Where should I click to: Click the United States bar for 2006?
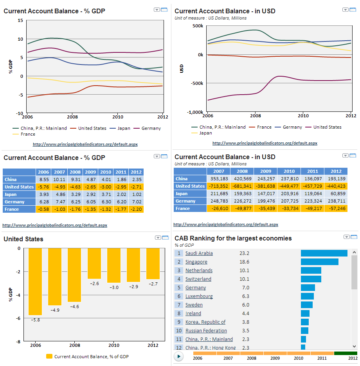click(x=35, y=282)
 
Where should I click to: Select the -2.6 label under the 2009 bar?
click(x=94, y=283)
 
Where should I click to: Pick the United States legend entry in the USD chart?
click(x=327, y=127)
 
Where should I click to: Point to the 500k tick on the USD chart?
click(x=197, y=26)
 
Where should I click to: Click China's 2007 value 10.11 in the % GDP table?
click(x=60, y=179)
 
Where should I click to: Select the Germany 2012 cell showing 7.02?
click(x=136, y=202)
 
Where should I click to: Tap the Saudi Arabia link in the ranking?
click(x=199, y=253)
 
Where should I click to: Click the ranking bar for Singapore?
click(x=319, y=262)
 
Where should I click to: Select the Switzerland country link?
click(x=198, y=279)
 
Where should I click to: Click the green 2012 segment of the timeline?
click(x=346, y=353)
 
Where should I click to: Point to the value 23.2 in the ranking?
click(x=244, y=253)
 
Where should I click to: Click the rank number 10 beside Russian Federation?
click(x=179, y=331)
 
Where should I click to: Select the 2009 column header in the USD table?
click(x=265, y=171)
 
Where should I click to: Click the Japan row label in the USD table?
click(x=182, y=194)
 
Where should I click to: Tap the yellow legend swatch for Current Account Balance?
click(x=49, y=356)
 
